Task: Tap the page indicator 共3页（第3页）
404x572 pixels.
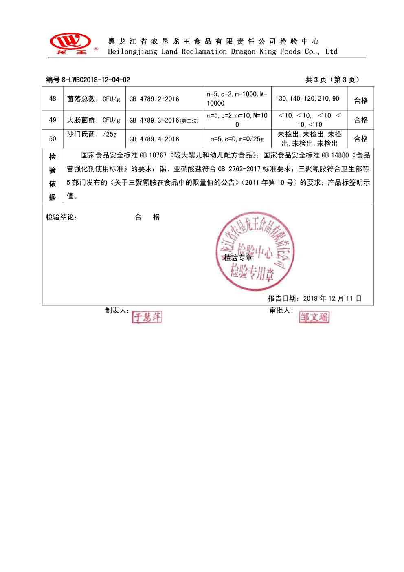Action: point(332,80)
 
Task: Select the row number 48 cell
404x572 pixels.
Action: point(53,99)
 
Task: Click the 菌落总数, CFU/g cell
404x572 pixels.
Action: point(94,99)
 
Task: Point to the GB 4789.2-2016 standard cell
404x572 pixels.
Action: point(154,99)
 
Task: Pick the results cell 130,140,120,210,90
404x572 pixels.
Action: point(307,99)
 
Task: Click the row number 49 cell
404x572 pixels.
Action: point(53,120)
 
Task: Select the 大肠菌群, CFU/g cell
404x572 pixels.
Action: point(94,120)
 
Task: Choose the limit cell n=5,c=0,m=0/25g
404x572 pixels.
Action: point(237,139)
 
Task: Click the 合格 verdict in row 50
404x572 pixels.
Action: point(361,139)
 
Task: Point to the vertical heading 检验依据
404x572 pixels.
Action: point(53,177)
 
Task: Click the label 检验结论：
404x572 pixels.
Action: point(61,217)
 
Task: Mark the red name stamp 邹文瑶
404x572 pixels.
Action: point(314,317)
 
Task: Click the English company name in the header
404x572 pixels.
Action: point(222,52)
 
